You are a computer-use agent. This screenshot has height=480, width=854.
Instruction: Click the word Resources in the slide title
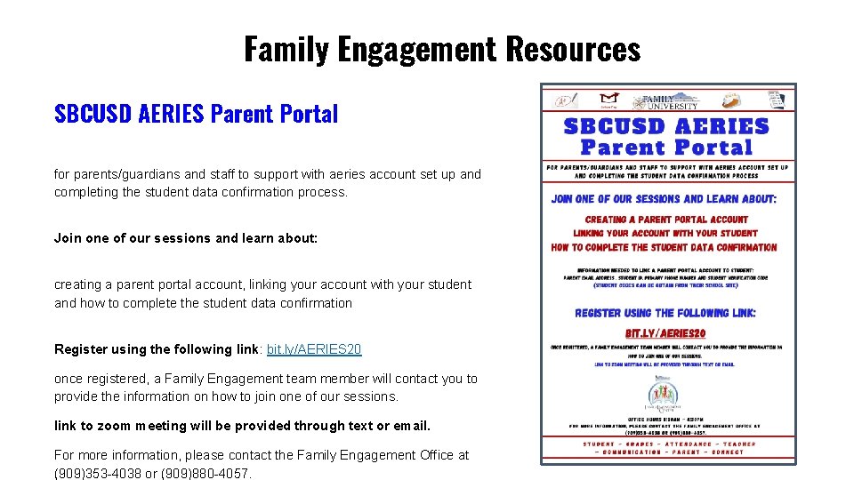click(x=572, y=48)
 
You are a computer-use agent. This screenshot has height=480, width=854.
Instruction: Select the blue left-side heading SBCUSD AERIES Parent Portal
click(x=196, y=114)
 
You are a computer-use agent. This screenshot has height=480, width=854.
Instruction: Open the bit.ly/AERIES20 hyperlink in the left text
click(x=314, y=349)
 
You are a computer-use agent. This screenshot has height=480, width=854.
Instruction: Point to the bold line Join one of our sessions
click(x=185, y=238)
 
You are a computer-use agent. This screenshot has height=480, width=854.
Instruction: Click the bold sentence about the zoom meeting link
click(x=242, y=426)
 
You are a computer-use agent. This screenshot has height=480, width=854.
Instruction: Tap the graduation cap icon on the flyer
click(x=609, y=100)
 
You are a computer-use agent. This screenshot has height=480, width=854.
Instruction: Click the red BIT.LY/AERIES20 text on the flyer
click(x=665, y=332)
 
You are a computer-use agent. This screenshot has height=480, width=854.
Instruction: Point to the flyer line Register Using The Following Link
click(x=665, y=313)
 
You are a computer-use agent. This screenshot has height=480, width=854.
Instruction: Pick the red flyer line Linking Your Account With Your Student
click(x=665, y=233)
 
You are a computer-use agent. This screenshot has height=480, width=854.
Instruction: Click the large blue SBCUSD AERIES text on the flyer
click(x=666, y=126)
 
